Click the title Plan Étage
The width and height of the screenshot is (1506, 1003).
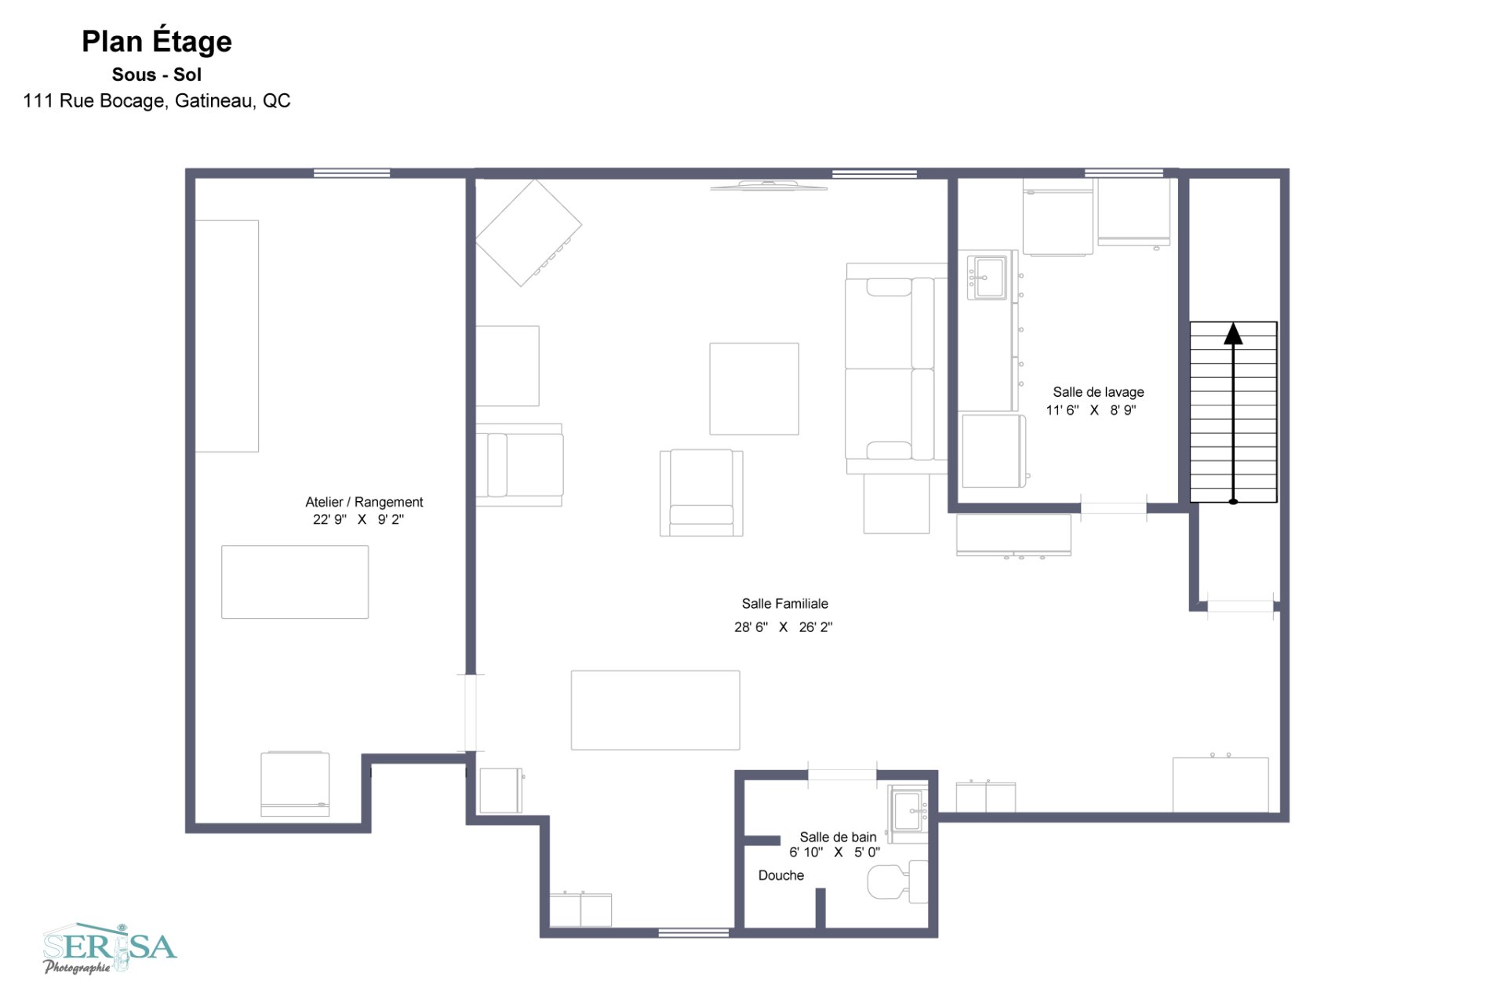157,41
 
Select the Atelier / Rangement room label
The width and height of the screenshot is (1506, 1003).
364,502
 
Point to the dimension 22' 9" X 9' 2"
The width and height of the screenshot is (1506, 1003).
358,519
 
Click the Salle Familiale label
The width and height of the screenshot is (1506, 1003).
785,603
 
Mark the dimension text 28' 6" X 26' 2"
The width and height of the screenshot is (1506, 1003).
783,627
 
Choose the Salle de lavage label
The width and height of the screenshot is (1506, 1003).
1098,391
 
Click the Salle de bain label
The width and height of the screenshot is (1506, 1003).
838,837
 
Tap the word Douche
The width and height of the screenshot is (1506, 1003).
780,875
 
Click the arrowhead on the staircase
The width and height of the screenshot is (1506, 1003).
1233,334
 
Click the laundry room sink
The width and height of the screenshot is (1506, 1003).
988,277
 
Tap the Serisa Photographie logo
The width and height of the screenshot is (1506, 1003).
110,948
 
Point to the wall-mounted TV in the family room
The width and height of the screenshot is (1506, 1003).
769,186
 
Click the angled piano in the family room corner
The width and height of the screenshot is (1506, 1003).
528,232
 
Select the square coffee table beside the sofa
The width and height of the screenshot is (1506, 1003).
754,388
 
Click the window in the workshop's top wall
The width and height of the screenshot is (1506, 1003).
351,173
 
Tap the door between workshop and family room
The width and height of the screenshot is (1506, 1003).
471,712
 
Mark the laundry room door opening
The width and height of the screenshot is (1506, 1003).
1113,508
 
